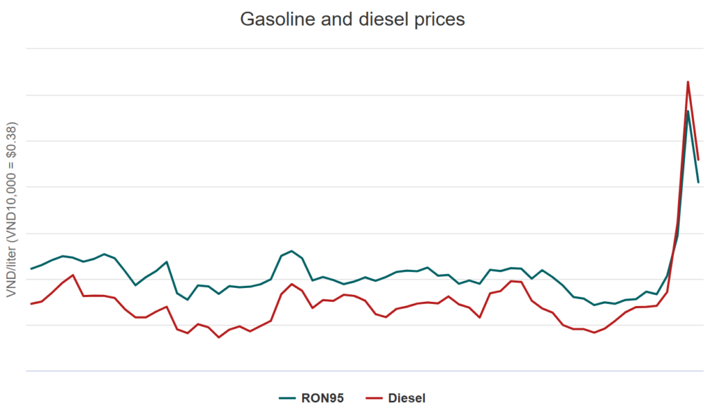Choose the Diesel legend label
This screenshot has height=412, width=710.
(x=407, y=397)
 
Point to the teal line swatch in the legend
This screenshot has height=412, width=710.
(x=287, y=397)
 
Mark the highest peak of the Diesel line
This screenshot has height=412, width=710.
(x=688, y=82)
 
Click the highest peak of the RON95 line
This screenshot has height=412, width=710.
(x=688, y=111)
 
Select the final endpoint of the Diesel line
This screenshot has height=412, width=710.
(x=698, y=160)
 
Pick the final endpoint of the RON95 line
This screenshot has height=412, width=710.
(x=698, y=182)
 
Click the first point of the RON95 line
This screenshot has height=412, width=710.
(x=31, y=269)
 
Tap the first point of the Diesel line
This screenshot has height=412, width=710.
(x=31, y=304)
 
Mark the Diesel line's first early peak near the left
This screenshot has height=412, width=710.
(x=73, y=275)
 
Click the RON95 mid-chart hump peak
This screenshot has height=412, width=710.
(x=292, y=251)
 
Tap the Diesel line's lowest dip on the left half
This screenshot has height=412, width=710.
(x=219, y=337)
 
